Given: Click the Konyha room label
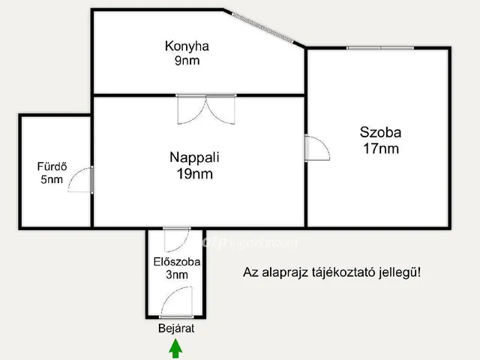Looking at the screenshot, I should click(187, 46).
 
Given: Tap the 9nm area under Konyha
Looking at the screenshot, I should click(187, 61).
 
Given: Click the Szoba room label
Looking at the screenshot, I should click(380, 133).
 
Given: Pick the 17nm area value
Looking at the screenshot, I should click(380, 148).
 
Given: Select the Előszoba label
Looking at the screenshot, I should click(176, 262).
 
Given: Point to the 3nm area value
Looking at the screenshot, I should click(176, 275).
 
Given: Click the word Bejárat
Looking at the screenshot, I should click(176, 328).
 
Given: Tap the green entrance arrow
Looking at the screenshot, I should click(175, 348).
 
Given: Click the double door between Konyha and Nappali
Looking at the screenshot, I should click(205, 109).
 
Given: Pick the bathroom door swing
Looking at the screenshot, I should click(81, 180).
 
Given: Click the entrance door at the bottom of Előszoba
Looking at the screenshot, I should click(175, 304).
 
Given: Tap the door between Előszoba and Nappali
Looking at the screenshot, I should click(177, 238).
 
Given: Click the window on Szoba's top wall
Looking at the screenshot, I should click(379, 48).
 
